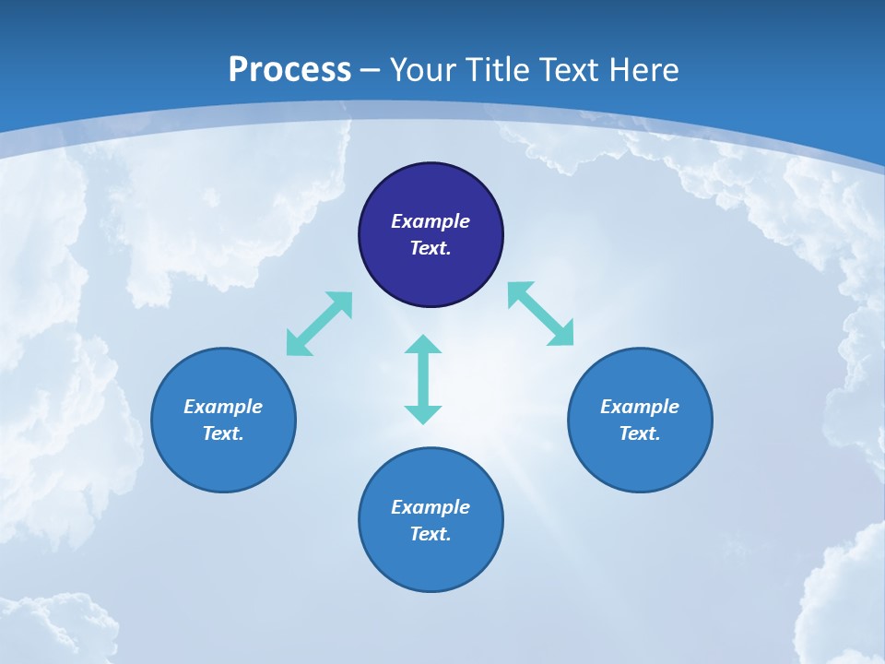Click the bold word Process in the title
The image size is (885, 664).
tap(289, 70)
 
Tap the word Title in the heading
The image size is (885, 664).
tap(498, 70)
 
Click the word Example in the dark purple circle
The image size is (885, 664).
tap(431, 221)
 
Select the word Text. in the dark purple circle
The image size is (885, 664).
tap(431, 248)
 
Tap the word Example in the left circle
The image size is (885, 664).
tap(223, 407)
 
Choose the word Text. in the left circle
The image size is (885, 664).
tap(223, 433)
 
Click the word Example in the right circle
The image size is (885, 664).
tap(640, 407)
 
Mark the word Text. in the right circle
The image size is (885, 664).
tap(640, 433)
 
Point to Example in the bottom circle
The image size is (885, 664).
tap(431, 507)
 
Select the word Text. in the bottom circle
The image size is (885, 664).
tap(431, 534)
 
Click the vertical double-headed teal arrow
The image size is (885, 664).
tap(423, 379)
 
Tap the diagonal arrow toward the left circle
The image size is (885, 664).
tap(319, 324)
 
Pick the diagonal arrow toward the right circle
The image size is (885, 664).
tap(541, 314)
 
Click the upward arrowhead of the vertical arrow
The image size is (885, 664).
tap(423, 345)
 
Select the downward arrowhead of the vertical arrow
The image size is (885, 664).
tap(423, 414)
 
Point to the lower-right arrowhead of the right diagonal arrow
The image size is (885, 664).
tap(562, 335)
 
